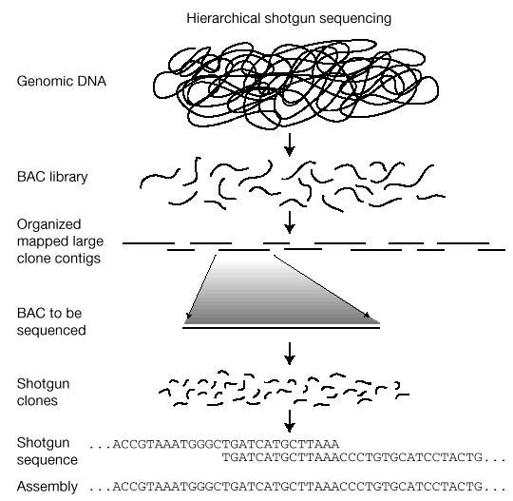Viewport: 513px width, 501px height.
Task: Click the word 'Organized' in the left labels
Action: pyautogui.click(x=46, y=225)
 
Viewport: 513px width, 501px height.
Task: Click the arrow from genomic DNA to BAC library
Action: pyautogui.click(x=290, y=145)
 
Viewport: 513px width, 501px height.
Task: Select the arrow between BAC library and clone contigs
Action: pyautogui.click(x=290, y=222)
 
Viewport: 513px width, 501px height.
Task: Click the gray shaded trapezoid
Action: pyautogui.click(x=282, y=295)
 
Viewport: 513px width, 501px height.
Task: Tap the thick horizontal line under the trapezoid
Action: pyautogui.click(x=282, y=326)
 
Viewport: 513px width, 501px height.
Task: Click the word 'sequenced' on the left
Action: pyautogui.click(x=52, y=331)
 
